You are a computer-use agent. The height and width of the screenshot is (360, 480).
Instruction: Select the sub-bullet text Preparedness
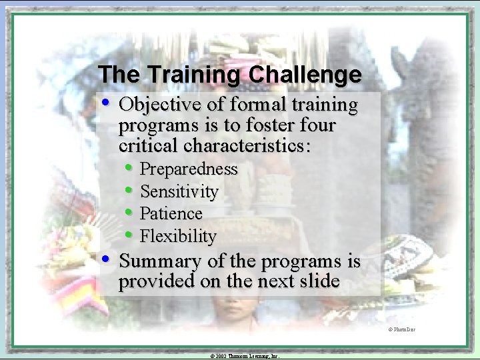[x=189, y=169]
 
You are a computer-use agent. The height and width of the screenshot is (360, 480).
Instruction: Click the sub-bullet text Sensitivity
[x=179, y=192]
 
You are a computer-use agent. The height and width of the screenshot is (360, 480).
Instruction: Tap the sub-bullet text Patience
[x=171, y=214]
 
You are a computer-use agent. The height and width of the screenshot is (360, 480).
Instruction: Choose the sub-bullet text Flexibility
[x=178, y=237]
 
